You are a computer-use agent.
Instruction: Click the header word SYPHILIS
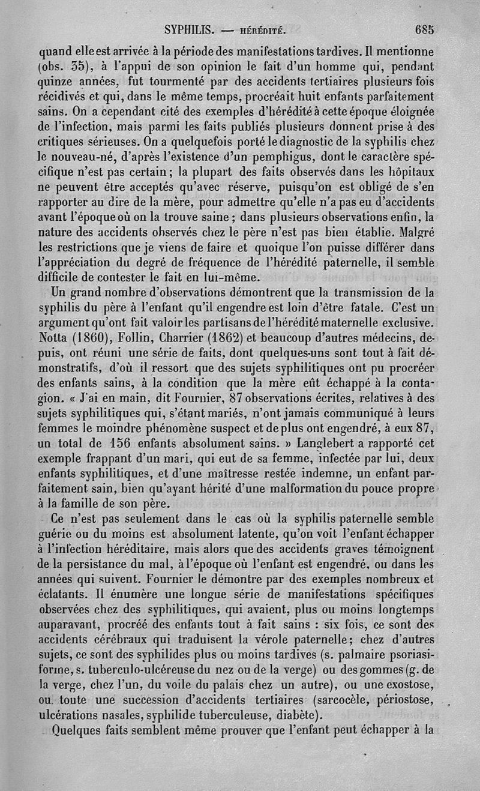(190, 28)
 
